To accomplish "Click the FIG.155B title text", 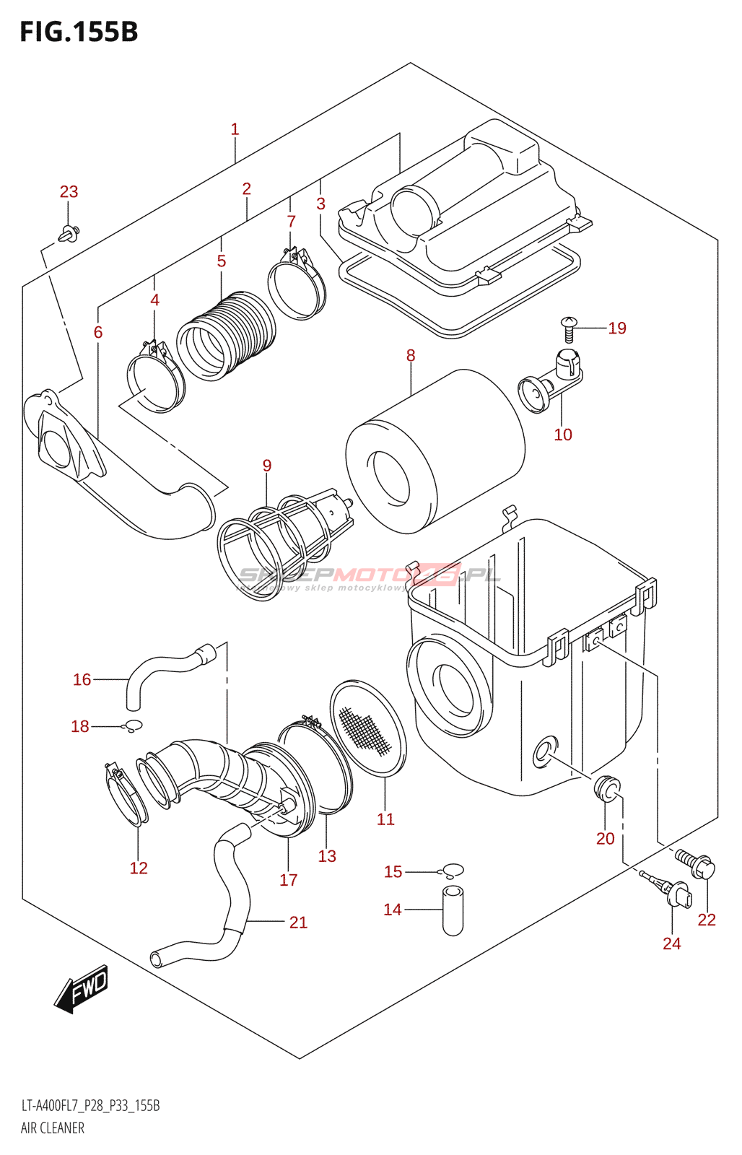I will (x=79, y=32).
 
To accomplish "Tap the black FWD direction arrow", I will (x=82, y=988).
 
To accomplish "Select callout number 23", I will (x=69, y=192).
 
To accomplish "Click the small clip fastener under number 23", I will (x=69, y=233).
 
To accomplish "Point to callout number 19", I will (x=617, y=328).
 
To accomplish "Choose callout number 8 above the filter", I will (x=411, y=355).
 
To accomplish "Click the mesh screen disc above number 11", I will (x=368, y=727).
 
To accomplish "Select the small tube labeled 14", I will (x=453, y=911).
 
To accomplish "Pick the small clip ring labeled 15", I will (x=453, y=871).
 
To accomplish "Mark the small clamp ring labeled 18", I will (x=134, y=726).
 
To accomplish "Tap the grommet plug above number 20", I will (x=607, y=788).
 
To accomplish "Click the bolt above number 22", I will (x=697, y=863).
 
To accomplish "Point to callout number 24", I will (x=671, y=943).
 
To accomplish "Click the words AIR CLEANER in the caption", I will (x=53, y=1128).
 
